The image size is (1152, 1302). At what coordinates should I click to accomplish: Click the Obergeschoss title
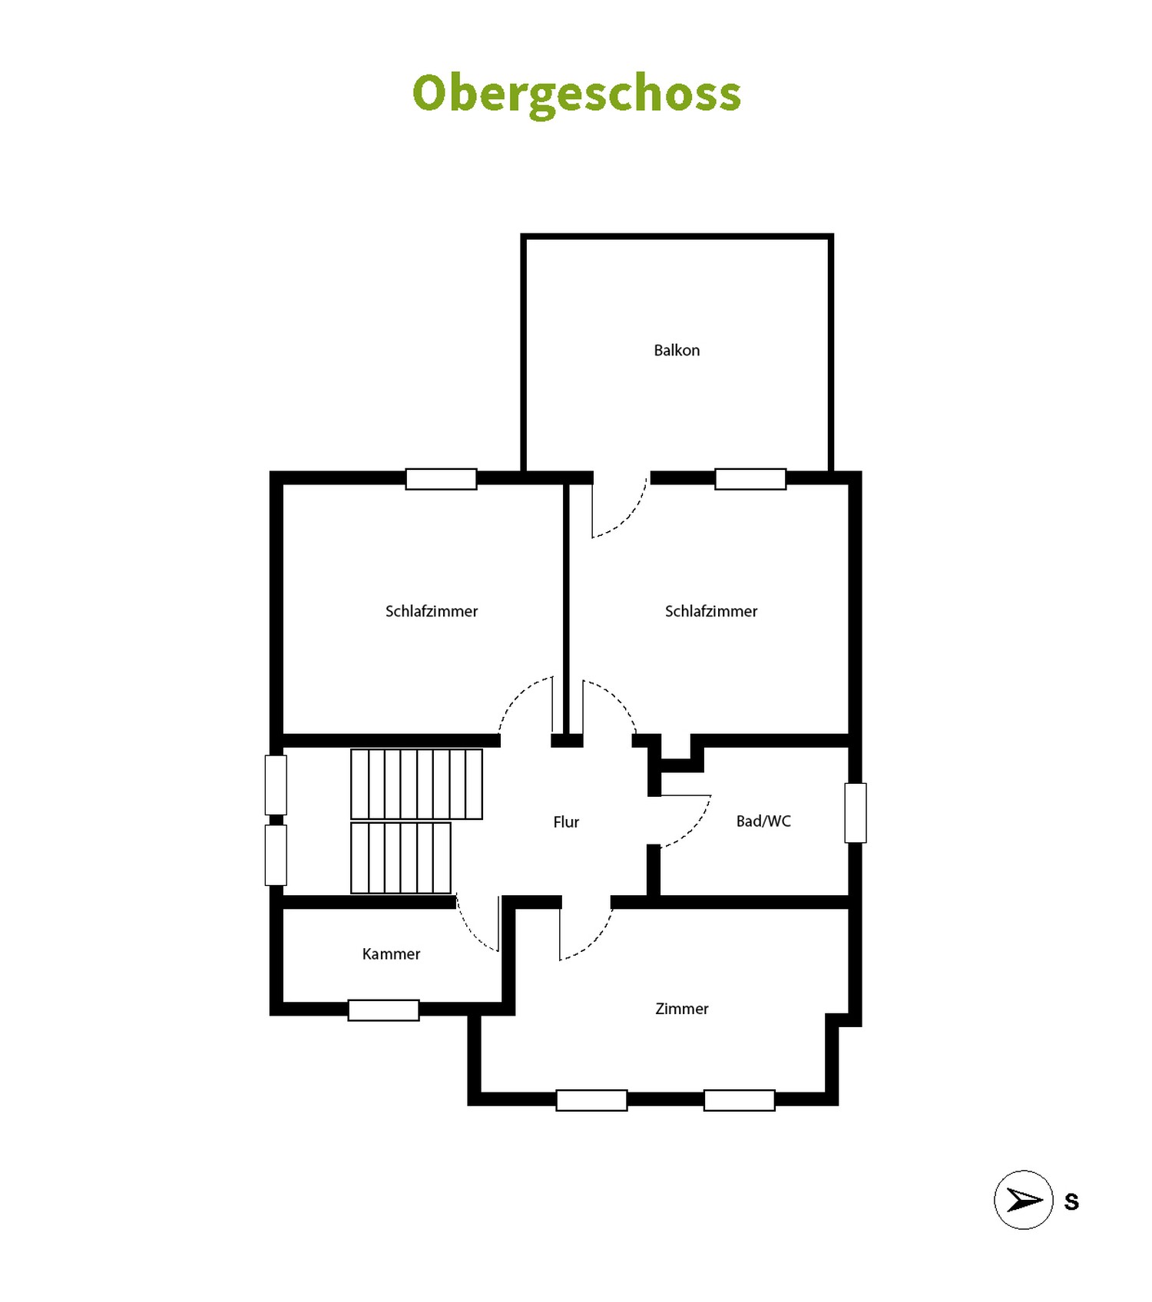[576, 94]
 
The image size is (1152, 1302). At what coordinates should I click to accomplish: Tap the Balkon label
[677, 350]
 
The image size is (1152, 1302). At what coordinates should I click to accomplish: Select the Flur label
[566, 821]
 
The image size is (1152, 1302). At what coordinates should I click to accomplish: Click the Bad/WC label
[763, 821]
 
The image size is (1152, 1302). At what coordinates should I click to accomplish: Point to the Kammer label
[391, 953]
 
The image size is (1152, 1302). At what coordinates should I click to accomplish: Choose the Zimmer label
[682, 1009]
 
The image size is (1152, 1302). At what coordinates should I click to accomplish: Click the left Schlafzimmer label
[432, 611]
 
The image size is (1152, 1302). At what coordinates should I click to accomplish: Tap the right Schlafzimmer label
[711, 611]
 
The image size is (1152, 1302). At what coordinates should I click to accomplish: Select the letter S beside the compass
[1071, 1201]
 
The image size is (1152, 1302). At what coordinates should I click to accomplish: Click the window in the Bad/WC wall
[856, 813]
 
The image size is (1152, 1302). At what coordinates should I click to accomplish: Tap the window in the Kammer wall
[383, 1010]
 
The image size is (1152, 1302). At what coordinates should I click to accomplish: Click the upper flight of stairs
[417, 784]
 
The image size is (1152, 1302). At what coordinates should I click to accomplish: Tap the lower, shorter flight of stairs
[401, 858]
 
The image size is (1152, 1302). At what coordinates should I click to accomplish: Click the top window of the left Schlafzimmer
[441, 479]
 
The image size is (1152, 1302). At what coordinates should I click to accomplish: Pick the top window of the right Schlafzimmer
[750, 479]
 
